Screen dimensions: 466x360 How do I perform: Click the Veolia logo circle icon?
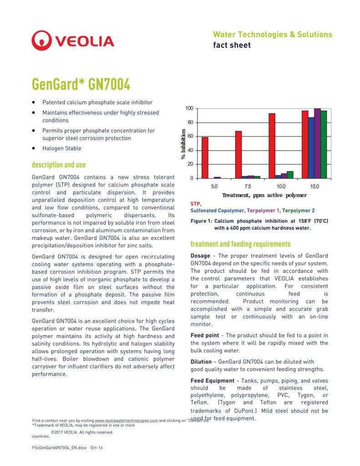pyautogui.click(x=42, y=41)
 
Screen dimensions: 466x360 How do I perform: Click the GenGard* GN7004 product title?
pyautogui.click(x=81, y=85)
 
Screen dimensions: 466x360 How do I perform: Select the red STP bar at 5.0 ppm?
pyautogui.click(x=205, y=157)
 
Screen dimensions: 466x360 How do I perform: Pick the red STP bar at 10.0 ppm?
pyautogui.click(x=272, y=146)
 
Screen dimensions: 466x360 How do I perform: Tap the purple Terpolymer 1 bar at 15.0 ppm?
pyautogui.click(x=317, y=143)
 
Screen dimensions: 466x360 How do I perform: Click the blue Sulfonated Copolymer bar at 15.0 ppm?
pyautogui.click(x=311, y=147)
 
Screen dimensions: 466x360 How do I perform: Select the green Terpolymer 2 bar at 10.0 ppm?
pyautogui.click(x=290, y=174)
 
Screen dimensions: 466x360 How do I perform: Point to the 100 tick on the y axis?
pyautogui.click(x=189, y=108)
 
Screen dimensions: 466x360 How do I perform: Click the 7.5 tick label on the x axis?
pyautogui.click(x=248, y=187)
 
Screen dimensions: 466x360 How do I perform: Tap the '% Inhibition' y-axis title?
pyautogui.click(x=183, y=144)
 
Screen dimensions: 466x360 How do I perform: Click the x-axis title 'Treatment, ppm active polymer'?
pyautogui.click(x=264, y=195)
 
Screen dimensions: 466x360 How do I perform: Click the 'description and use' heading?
pyautogui.click(x=59, y=165)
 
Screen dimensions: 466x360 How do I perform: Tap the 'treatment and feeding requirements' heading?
pyautogui.click(x=240, y=244)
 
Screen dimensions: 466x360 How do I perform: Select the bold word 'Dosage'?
pyautogui.click(x=200, y=256)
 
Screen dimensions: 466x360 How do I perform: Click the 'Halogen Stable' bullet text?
pyautogui.click(x=62, y=148)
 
